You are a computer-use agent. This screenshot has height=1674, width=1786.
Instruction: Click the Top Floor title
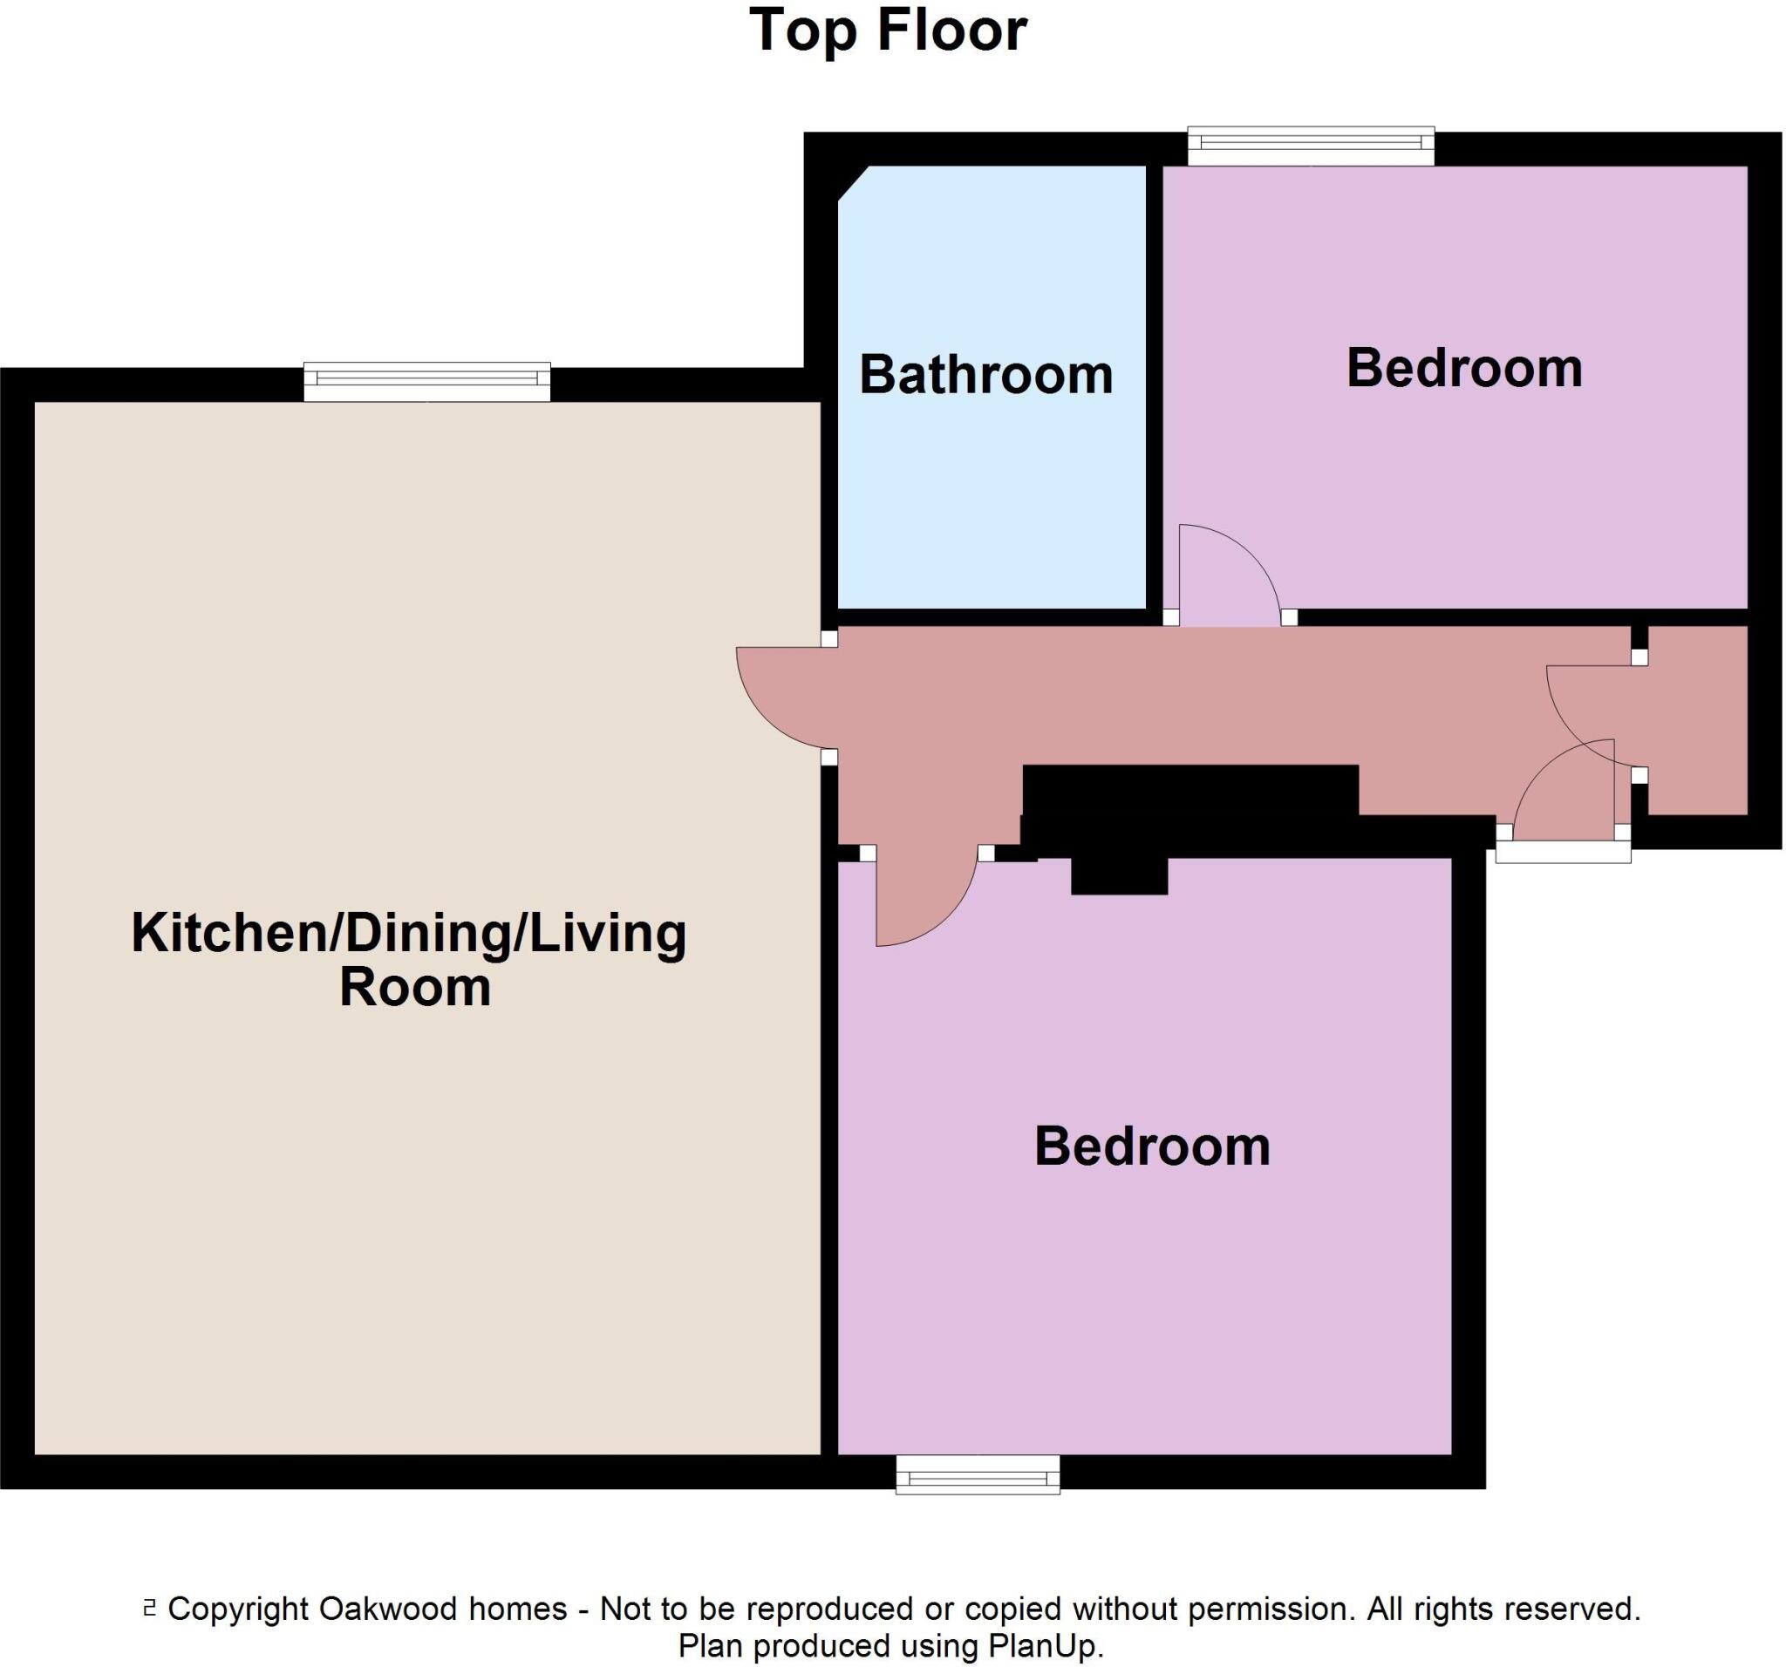(x=888, y=31)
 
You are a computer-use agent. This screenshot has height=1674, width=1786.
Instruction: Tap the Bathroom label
(x=985, y=375)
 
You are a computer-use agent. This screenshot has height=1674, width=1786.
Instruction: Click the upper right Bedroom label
(x=1463, y=368)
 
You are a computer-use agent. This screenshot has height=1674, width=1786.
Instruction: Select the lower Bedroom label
(x=1152, y=1147)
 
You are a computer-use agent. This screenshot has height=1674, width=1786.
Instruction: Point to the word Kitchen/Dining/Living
(x=409, y=933)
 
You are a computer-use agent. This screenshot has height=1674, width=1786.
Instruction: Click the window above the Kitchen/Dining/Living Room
(x=426, y=382)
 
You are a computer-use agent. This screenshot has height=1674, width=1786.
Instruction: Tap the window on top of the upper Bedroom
(x=1310, y=146)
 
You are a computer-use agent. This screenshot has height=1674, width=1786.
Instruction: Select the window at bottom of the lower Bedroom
(x=978, y=1474)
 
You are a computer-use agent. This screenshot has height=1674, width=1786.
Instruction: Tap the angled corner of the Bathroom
(x=853, y=183)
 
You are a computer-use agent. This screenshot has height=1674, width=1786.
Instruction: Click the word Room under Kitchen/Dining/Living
(x=415, y=987)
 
